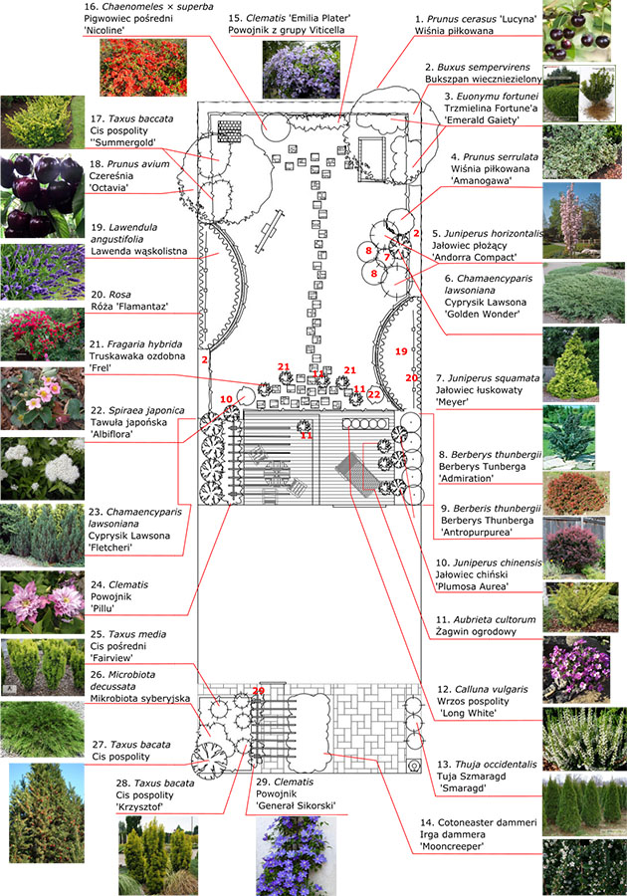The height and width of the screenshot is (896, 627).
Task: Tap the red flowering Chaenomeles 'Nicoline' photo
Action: point(142,69)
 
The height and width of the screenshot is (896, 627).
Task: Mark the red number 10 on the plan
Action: point(225,399)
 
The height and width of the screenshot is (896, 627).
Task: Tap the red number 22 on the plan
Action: point(374,394)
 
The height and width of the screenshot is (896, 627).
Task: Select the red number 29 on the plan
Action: point(259,690)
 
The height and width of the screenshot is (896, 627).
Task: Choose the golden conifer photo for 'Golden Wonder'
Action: point(571,363)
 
